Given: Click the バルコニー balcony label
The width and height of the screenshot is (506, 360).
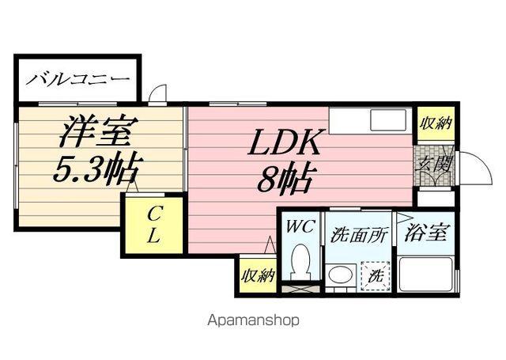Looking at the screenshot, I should (x=77, y=79).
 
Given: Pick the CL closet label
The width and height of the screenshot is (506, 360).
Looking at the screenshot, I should (x=153, y=225).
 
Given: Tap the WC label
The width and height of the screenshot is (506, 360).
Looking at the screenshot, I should (x=300, y=227).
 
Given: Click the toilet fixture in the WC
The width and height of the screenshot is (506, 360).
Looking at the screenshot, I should (x=300, y=261).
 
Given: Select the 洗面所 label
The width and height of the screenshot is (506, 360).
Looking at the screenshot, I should (x=359, y=235).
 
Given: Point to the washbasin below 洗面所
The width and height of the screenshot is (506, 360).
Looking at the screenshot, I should (x=340, y=275).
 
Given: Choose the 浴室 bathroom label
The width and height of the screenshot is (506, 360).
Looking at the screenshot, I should (x=426, y=233).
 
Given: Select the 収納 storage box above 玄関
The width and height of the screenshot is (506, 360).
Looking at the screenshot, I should (x=436, y=123).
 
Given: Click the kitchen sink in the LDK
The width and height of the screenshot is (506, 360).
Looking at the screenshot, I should (x=388, y=123).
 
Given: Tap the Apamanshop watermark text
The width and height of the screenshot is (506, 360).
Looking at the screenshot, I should (x=253, y=321).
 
